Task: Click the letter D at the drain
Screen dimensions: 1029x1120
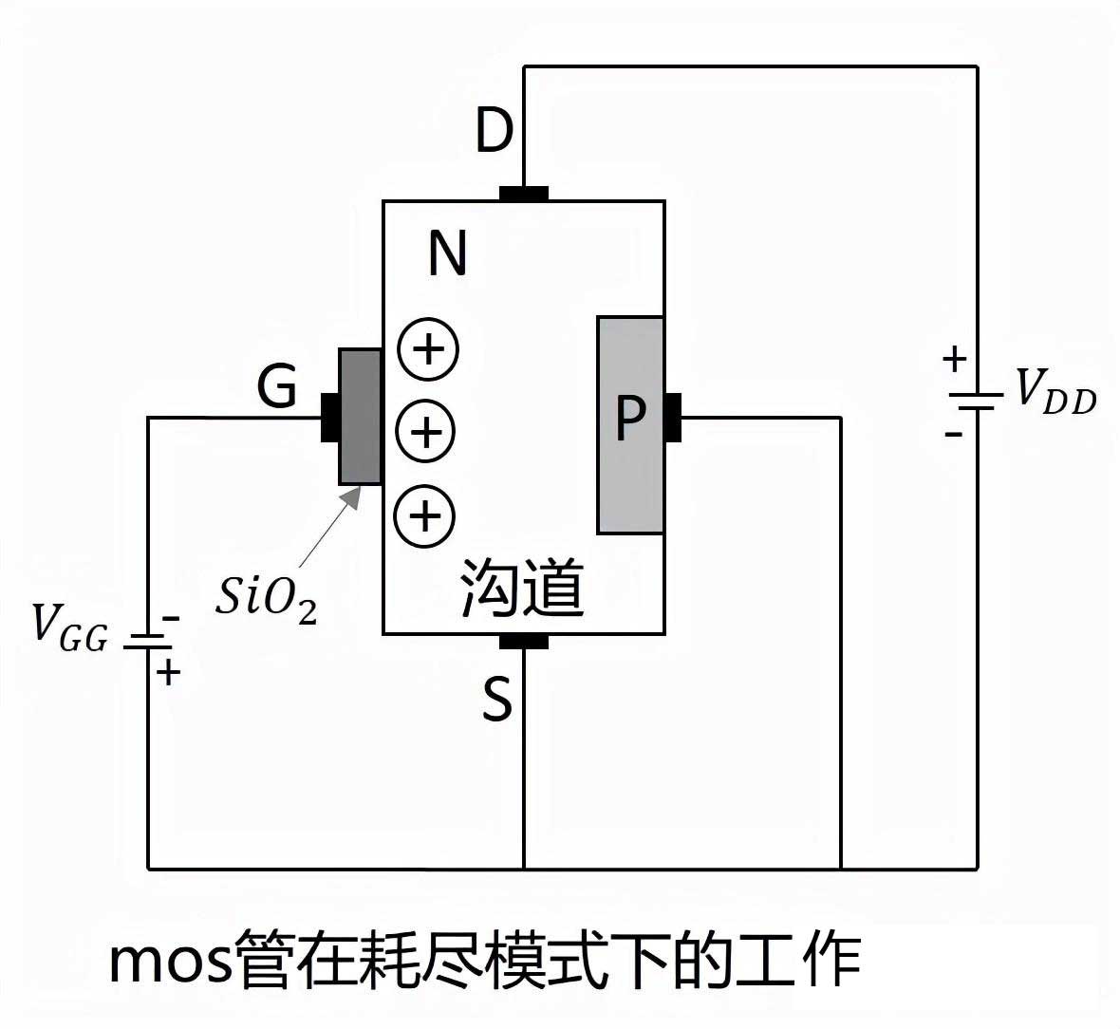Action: coord(494,131)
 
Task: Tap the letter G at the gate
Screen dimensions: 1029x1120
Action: coord(277,386)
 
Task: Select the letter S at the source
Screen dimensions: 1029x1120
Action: coord(496,701)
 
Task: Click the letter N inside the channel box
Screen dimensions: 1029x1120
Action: coord(447,254)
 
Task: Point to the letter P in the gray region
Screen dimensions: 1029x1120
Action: coord(630,418)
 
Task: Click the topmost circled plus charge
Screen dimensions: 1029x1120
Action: coord(428,349)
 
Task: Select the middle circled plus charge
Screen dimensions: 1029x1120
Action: coord(426,433)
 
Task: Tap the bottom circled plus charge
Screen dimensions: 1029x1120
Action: coord(425,517)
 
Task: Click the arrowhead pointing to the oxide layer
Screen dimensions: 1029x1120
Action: coord(353,496)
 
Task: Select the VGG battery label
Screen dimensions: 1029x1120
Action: coord(69,626)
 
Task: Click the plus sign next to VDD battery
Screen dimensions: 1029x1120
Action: coord(954,360)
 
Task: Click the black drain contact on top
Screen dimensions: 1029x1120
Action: coord(523,194)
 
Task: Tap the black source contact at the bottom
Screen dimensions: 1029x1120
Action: coord(523,642)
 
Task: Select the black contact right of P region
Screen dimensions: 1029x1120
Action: coord(672,418)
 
